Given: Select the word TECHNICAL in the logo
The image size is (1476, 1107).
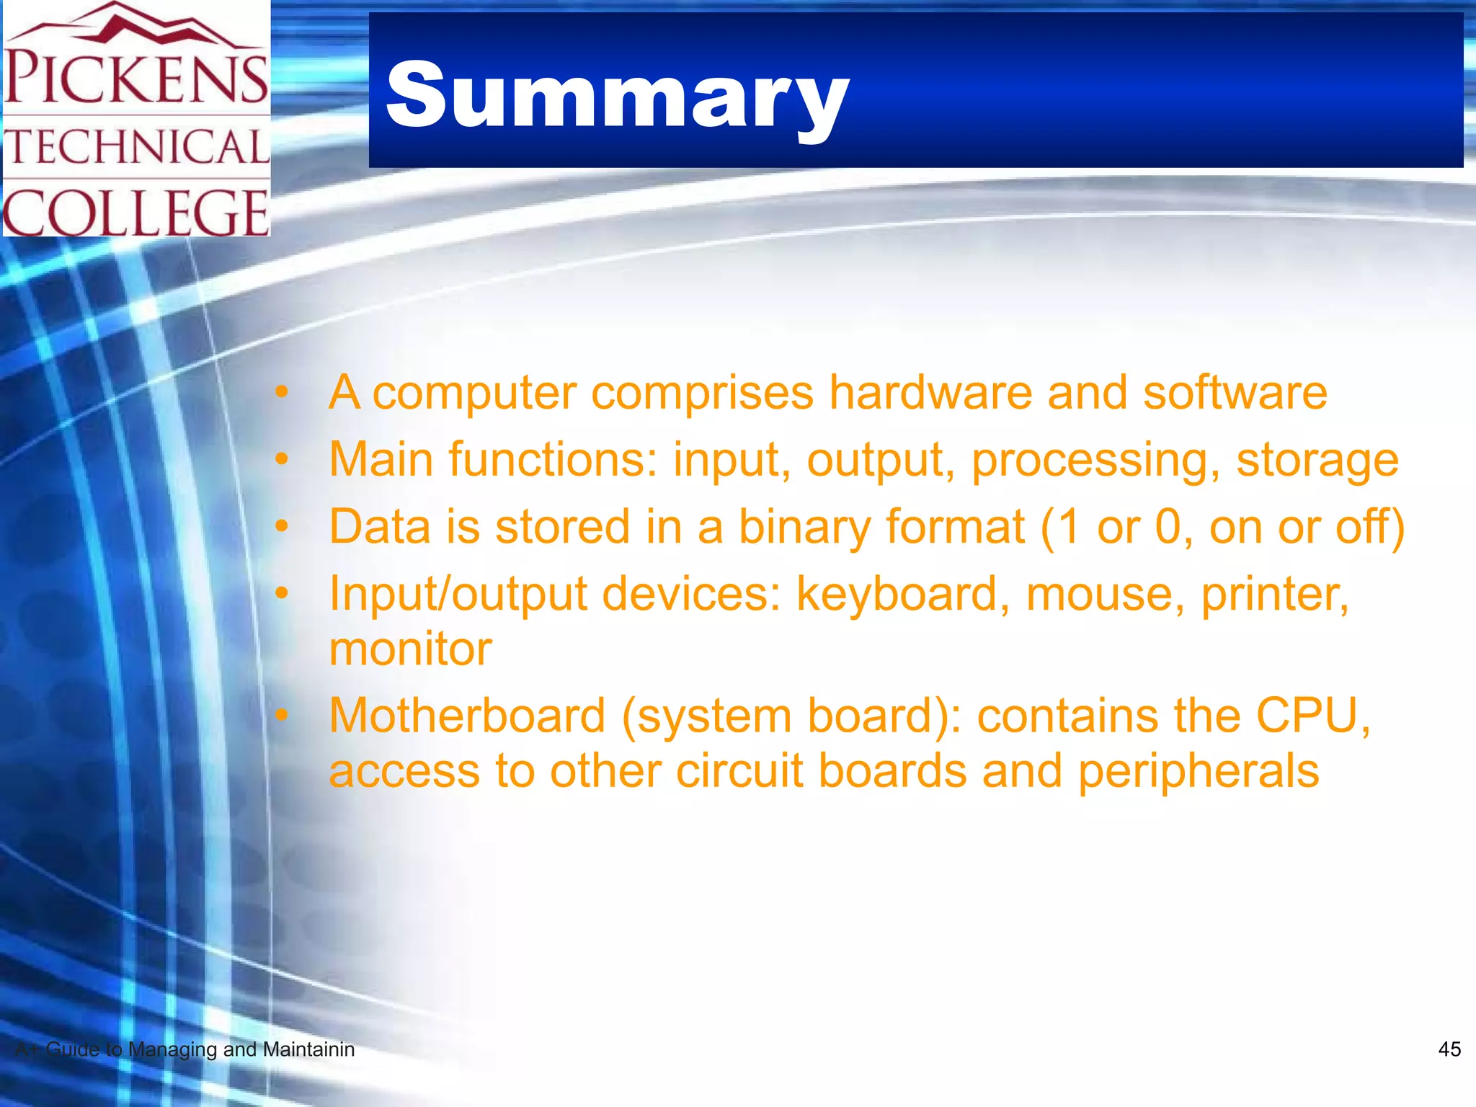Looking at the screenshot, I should (x=137, y=147).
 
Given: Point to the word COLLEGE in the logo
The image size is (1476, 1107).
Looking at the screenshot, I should (x=136, y=212).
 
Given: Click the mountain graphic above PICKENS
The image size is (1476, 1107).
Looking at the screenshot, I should (x=137, y=25).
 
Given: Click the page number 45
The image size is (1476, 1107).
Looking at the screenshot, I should (x=1449, y=1049).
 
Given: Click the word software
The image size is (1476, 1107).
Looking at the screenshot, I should (x=1235, y=393).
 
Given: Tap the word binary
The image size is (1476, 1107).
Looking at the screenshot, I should (x=804, y=527).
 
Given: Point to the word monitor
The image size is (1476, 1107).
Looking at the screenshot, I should (x=410, y=649).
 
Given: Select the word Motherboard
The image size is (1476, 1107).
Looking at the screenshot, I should (x=467, y=716).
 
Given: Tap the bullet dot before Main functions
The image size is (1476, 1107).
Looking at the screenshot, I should (x=281, y=458).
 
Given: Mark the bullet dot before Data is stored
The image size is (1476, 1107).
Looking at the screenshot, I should (x=281, y=526).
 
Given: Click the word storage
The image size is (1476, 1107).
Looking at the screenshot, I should (x=1317, y=460).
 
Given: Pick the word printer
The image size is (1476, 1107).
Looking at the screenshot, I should (x=1274, y=594).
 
